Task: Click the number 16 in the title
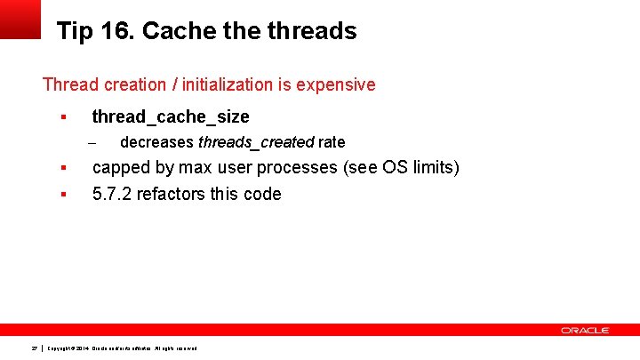pyautogui.click(x=116, y=31)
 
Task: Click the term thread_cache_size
pyautogui.click(x=171, y=116)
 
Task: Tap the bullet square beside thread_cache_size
pyautogui.click(x=63, y=117)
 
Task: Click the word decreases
pyautogui.click(x=156, y=142)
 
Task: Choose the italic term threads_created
pyautogui.click(x=256, y=142)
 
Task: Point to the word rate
pyautogui.click(x=332, y=142)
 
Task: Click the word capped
pyautogui.click(x=123, y=168)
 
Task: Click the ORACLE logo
pyautogui.click(x=584, y=330)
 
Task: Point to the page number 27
pyautogui.click(x=33, y=347)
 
